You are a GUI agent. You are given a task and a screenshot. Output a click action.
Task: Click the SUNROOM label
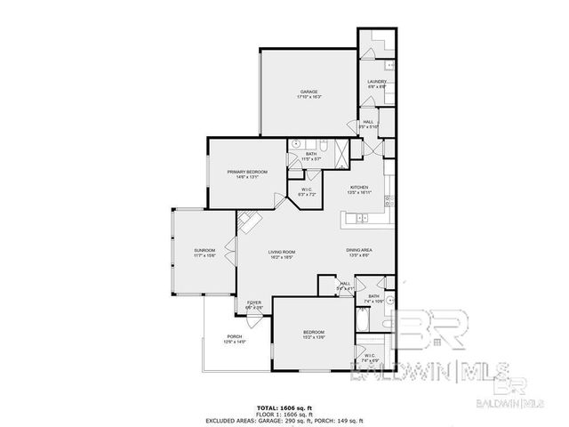click(205, 252)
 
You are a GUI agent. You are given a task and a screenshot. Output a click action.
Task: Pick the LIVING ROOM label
click(282, 253)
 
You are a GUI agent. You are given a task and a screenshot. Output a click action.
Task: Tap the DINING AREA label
click(358, 251)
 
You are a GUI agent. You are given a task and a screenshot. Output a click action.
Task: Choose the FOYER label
click(253, 303)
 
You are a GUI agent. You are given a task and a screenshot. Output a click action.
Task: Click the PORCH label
click(235, 336)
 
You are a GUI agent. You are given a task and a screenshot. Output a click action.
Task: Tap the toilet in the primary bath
click(325, 145)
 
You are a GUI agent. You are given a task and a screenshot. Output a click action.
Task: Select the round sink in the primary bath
click(297, 145)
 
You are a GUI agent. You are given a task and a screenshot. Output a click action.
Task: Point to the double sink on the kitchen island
click(363, 219)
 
